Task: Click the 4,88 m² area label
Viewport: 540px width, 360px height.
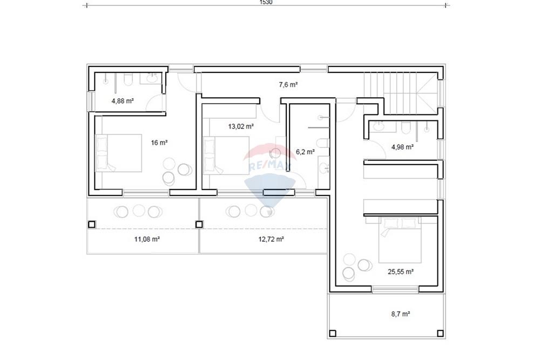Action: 122,101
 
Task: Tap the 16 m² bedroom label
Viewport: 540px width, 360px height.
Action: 159,142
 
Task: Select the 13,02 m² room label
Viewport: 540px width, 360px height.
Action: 241,126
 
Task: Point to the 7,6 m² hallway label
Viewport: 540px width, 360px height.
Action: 288,84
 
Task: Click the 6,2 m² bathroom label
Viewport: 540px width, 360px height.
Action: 305,152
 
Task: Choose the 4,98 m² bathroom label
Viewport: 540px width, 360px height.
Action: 402,147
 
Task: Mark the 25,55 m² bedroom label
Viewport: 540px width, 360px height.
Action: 401,271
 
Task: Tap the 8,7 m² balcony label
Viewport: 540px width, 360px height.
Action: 401,314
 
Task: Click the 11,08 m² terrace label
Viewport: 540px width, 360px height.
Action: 147,239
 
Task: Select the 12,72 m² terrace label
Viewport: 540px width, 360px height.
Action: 271,239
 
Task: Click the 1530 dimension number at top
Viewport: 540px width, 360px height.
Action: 266,2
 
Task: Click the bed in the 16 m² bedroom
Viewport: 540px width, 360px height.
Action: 118,153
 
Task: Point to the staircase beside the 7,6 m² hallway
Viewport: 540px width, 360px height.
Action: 401,93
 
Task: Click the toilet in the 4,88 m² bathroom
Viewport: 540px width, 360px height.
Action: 128,79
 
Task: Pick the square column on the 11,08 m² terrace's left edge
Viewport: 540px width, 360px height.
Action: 92,225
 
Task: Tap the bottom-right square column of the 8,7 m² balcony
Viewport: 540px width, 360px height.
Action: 440,333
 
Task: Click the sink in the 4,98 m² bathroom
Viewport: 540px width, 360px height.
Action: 379,127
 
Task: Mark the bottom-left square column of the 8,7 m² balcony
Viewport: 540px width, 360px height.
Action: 333,333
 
